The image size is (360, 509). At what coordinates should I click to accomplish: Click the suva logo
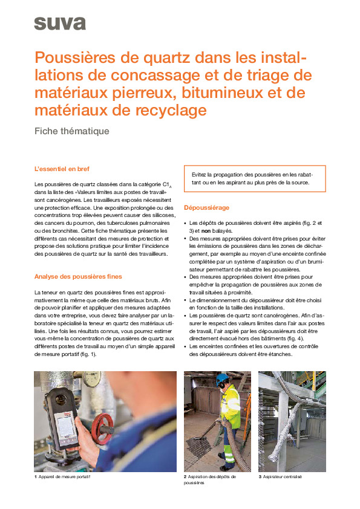[x=59, y=24]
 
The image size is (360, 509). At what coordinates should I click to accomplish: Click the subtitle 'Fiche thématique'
[x=72, y=131]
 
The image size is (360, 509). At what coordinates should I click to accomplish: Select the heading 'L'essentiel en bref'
[x=62, y=169]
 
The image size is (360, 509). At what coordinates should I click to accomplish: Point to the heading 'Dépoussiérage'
[x=206, y=208]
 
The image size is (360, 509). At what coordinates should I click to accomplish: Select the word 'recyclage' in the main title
[x=165, y=110]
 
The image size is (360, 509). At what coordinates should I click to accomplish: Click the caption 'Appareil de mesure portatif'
[x=68, y=477]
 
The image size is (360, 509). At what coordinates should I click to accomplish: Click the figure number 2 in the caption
[x=185, y=477]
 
